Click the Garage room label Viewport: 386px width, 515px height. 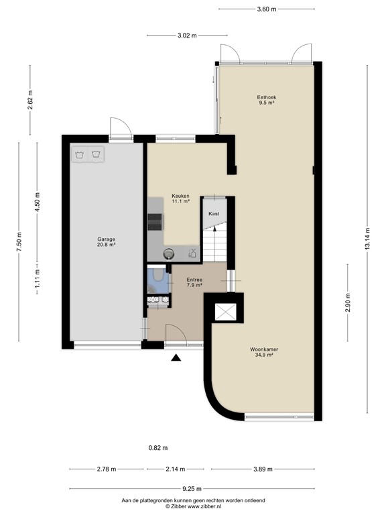tap(106, 242)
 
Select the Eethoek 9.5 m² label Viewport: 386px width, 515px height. tap(267, 100)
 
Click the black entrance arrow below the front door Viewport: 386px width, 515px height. tap(176, 358)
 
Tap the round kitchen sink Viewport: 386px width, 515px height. tap(169, 253)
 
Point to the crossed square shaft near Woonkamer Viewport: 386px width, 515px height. tap(224, 312)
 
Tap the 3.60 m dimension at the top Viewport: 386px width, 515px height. tap(267, 9)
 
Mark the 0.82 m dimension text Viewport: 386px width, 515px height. tap(157, 448)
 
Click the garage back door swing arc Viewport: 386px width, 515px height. tap(121, 127)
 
